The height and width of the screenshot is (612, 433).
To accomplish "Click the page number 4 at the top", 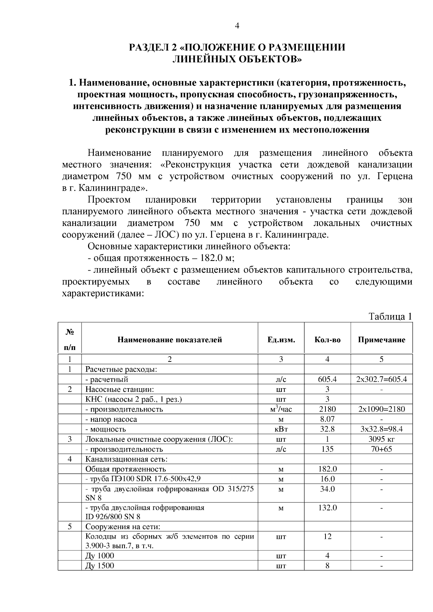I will [237, 26].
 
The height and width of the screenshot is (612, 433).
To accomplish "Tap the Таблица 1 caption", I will [390, 316].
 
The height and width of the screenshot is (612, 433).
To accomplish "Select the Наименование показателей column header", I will [170, 340].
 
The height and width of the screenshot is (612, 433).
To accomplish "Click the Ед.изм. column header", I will [281, 340].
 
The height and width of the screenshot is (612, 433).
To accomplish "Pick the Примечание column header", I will [381, 340].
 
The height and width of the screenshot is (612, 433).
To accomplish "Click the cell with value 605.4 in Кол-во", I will [327, 379].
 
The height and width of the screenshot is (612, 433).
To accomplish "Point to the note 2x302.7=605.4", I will [381, 379].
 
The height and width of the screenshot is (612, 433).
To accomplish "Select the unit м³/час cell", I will [281, 409].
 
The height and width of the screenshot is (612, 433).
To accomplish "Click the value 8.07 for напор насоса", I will [327, 419].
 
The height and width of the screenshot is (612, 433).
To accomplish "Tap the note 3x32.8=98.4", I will [381, 429].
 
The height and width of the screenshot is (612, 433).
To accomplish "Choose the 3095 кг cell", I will [381, 439].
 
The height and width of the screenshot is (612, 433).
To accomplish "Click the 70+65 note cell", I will [381, 449].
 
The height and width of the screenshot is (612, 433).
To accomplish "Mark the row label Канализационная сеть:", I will [126, 459].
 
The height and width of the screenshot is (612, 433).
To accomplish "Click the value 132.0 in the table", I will [327, 507].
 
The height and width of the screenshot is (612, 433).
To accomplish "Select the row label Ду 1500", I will [100, 566].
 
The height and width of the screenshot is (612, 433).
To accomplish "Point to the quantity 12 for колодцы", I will [327, 536].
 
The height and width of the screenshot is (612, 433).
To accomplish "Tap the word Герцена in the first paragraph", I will [395, 177].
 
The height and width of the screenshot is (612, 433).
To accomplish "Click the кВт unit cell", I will [281, 429].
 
